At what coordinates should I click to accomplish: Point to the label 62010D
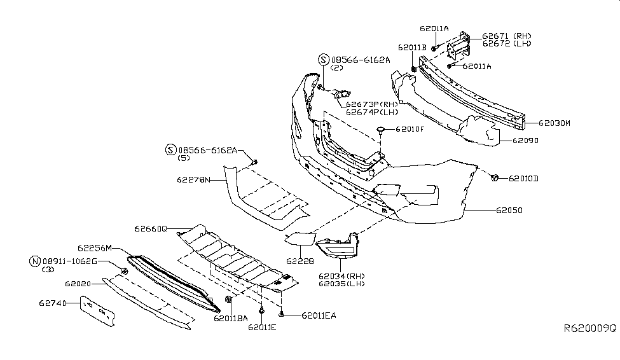tap(523, 179)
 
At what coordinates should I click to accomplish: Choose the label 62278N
tap(189, 180)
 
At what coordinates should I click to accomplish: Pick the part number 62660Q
tap(150, 228)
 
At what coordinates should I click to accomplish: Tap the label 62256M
tap(95, 248)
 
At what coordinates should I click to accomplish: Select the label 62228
tap(296, 260)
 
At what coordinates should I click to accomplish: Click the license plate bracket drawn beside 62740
tap(96, 313)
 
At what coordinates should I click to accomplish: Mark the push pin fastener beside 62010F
tap(380, 130)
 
